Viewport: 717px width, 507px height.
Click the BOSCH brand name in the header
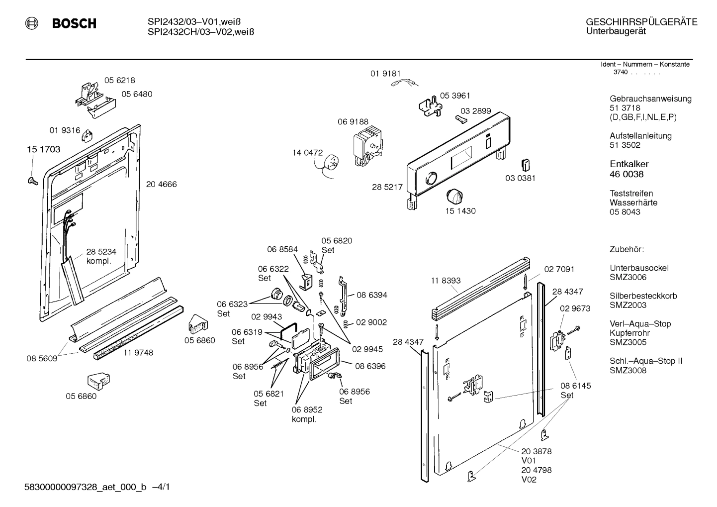pos(74,23)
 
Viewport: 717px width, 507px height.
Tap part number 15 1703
pos(43,149)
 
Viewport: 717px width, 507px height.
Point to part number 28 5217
pos(387,187)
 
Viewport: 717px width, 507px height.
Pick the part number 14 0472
pos(307,153)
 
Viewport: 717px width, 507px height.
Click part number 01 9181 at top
pos(385,74)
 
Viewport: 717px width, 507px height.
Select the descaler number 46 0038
pos(626,174)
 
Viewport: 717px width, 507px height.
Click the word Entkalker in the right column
pos(629,164)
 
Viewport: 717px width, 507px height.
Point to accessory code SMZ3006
pos(627,277)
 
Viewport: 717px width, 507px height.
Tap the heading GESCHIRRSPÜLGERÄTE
pos(641,22)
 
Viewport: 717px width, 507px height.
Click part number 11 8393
pos(446,281)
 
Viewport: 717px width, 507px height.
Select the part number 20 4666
pos(161,184)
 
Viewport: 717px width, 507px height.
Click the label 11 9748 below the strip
pos(138,353)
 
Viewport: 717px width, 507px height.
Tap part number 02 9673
pos(575,308)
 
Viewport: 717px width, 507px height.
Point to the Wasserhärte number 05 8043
pos(625,212)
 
